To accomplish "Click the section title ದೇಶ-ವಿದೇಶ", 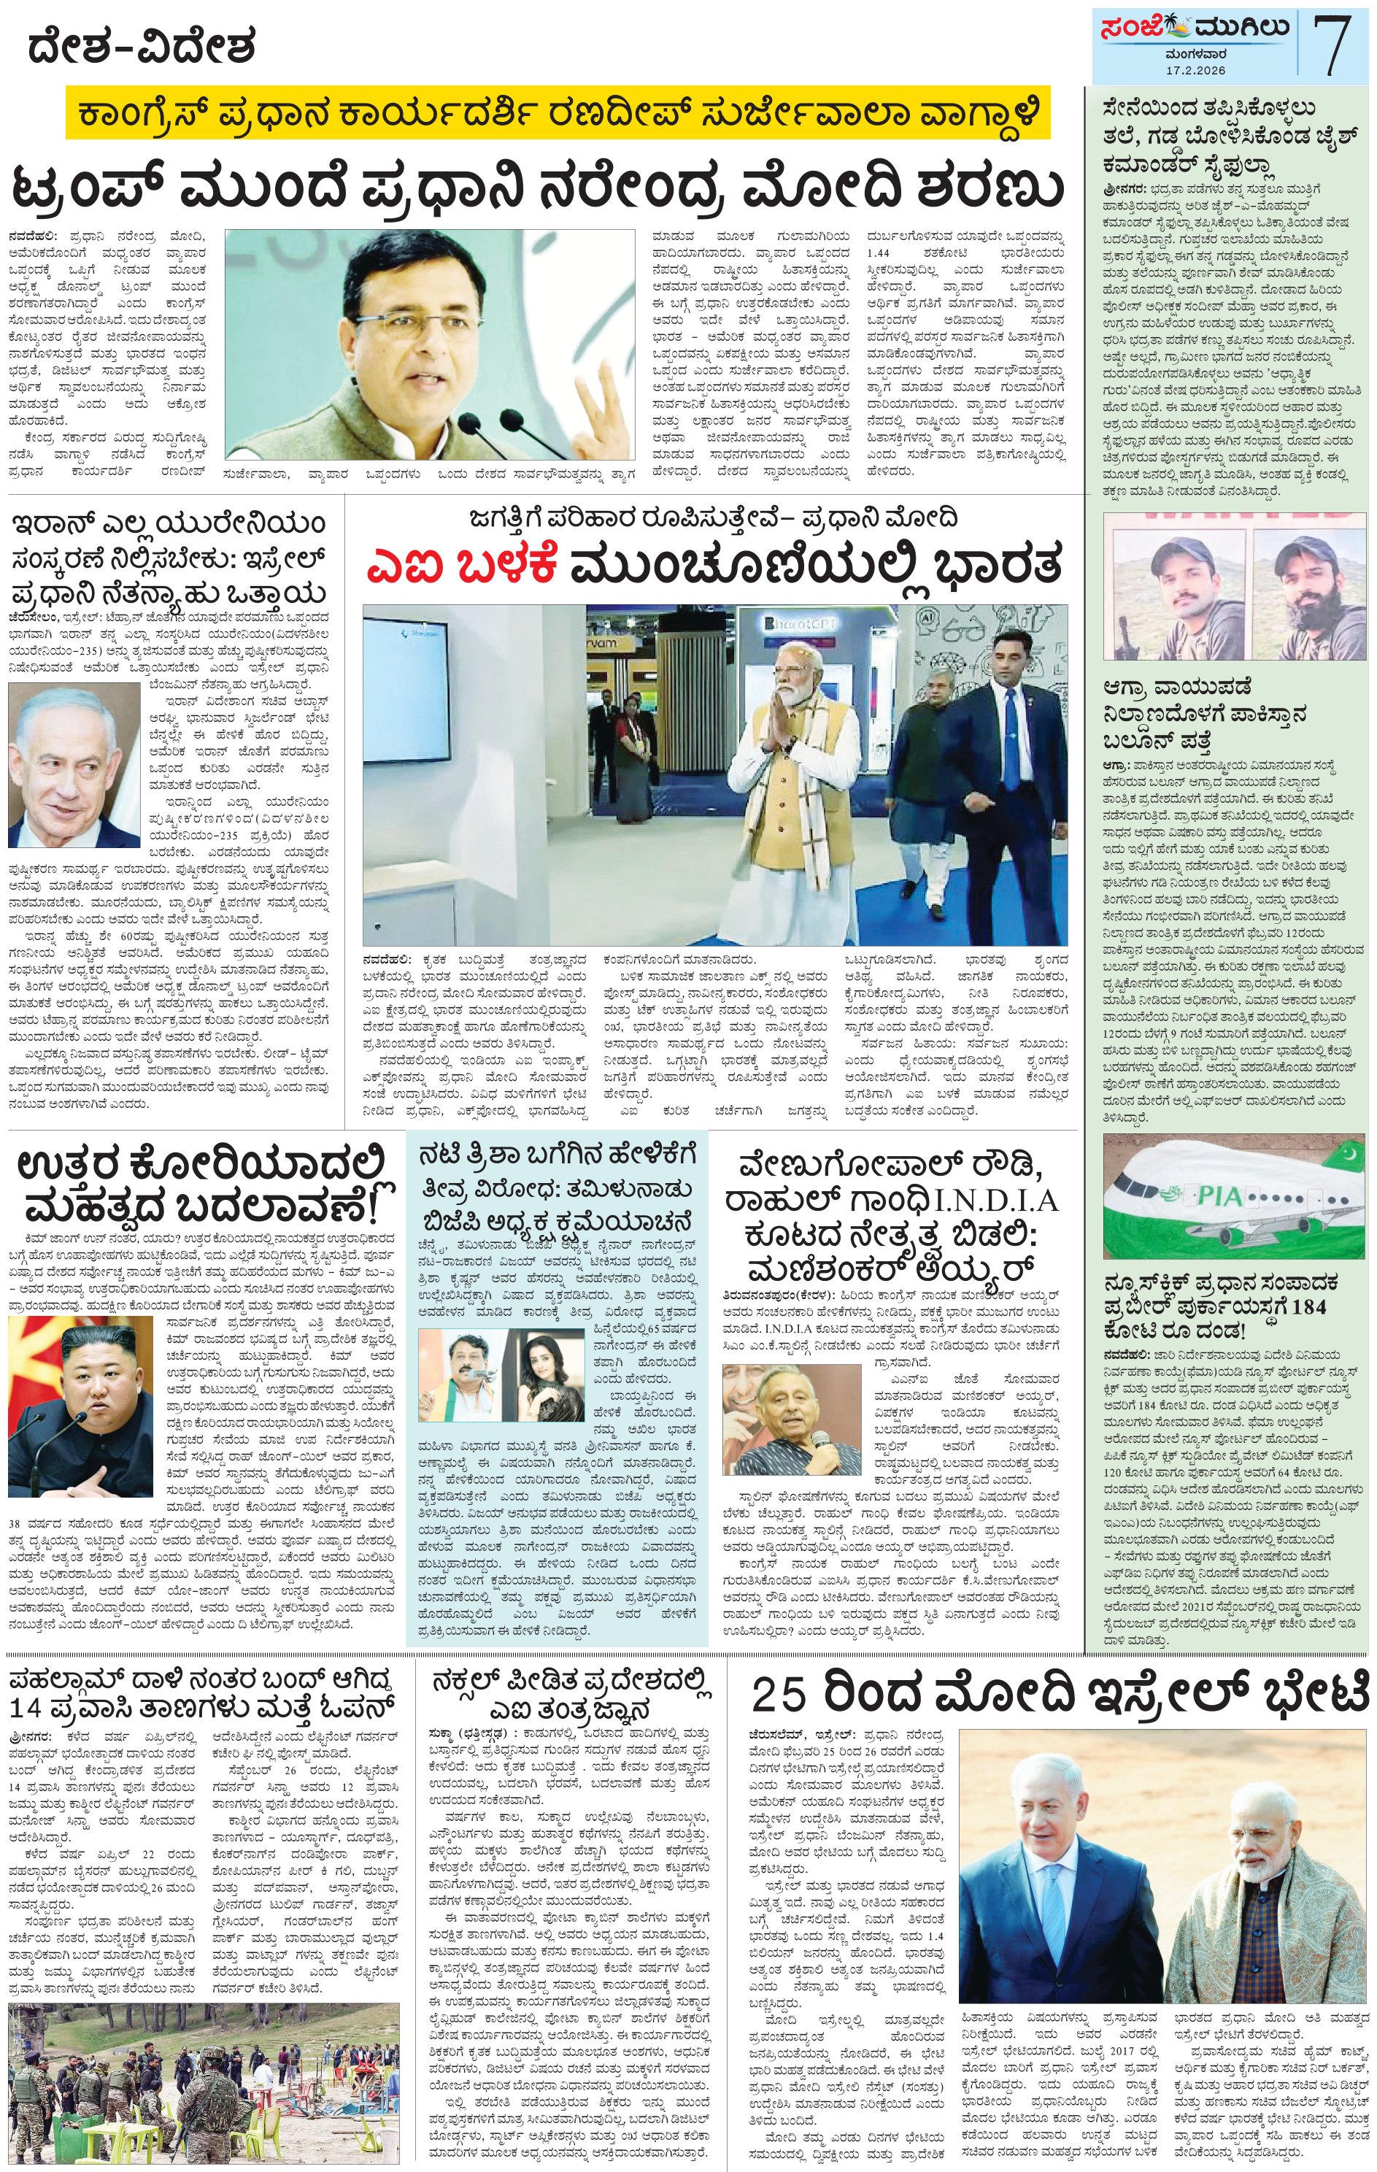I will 142,46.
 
